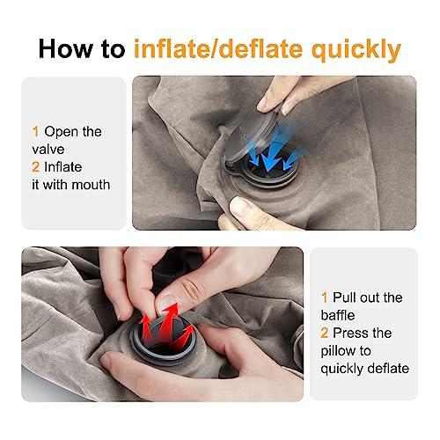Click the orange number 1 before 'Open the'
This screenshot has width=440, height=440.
(x=35, y=131)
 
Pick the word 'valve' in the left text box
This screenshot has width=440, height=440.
(x=49, y=150)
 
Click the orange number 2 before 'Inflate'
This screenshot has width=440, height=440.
(x=35, y=167)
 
